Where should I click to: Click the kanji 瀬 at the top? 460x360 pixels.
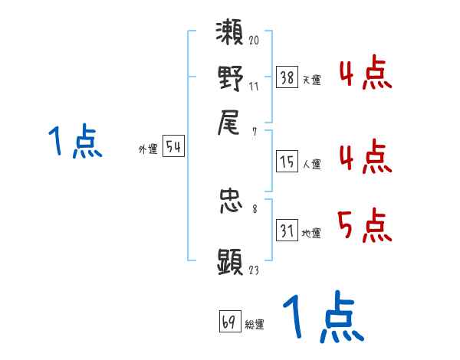(231, 36)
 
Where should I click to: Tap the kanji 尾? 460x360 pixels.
(231, 120)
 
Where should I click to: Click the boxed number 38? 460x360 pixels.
(287, 77)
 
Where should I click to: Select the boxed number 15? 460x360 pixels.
(287, 161)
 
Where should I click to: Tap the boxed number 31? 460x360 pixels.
(287, 231)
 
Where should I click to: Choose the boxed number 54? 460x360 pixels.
(173, 147)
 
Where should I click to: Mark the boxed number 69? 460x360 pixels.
(228, 322)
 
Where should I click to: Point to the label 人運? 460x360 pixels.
(311, 164)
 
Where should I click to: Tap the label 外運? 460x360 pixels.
(148, 150)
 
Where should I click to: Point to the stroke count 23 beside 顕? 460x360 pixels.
(254, 269)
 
